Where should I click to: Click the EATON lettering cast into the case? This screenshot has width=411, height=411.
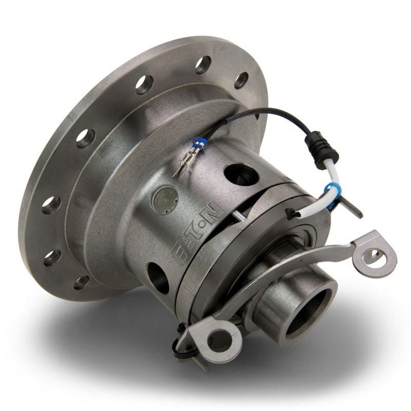click(x=198, y=234)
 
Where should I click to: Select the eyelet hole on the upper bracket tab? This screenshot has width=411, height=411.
click(x=373, y=254)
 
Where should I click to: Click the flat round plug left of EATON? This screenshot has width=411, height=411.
click(x=166, y=198)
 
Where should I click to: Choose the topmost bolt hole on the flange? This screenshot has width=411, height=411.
click(x=203, y=64)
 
